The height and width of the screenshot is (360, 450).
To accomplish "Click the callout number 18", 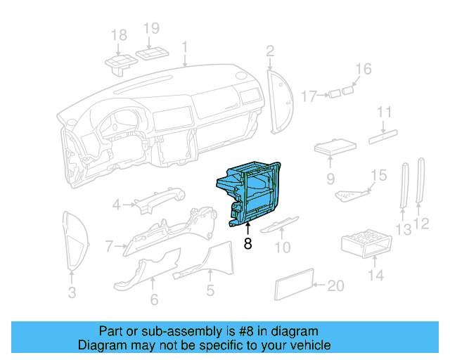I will click(x=119, y=35).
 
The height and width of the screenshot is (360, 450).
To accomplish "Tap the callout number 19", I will click(x=152, y=28).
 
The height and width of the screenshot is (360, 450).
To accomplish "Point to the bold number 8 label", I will click(x=247, y=244).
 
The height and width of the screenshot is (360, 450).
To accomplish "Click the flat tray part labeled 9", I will click(x=334, y=148).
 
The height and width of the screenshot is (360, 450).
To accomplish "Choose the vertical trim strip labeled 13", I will click(x=404, y=186).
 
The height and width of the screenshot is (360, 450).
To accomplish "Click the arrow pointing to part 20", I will click(x=318, y=285).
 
